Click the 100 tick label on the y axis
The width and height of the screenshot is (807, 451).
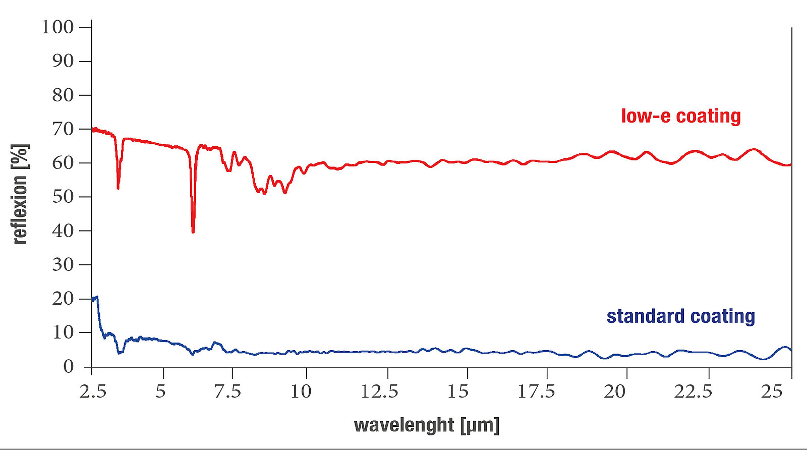[x=57, y=27]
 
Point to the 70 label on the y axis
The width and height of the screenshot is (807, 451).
[x=63, y=129]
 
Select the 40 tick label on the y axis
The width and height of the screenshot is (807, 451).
[x=63, y=231]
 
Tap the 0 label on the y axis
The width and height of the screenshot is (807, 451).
[x=69, y=367]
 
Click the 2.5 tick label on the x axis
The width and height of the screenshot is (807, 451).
[x=93, y=391]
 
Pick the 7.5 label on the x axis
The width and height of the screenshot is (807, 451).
[x=228, y=391]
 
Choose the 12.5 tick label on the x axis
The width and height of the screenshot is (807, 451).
[x=379, y=391]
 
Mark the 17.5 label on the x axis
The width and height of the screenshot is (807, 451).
[x=536, y=391]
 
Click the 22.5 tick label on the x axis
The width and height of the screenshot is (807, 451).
[x=694, y=391]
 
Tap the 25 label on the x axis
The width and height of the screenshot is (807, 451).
[x=772, y=391]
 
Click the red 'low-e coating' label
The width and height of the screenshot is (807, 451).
[x=680, y=116]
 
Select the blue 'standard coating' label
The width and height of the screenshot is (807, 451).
[x=680, y=316]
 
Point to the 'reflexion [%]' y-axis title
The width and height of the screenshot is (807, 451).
[x=20, y=194]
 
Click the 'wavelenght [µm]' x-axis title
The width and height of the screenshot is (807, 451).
[x=427, y=425]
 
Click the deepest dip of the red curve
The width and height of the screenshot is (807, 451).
[x=193, y=231]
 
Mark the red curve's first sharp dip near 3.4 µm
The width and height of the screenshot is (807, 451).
[x=118, y=188]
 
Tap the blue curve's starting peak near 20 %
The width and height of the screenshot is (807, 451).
[x=96, y=297]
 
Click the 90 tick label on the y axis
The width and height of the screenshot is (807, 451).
[x=63, y=62]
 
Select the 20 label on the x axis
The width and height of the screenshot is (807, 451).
[x=614, y=391]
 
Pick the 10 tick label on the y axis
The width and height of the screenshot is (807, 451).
[x=63, y=332]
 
